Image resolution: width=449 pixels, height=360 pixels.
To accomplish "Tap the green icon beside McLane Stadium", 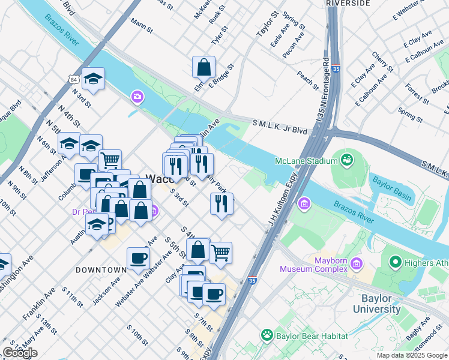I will (346, 160).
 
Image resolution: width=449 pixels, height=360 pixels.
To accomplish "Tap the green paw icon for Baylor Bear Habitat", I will (266, 334).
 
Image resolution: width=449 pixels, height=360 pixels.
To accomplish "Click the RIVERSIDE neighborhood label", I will (348, 3).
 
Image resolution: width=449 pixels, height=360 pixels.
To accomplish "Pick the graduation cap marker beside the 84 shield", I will (93, 78).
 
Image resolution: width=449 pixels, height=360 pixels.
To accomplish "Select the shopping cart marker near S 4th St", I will (220, 253).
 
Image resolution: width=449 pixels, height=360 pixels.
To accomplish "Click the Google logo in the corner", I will (20, 353).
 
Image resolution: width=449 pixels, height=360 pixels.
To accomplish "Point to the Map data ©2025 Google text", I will (412, 355).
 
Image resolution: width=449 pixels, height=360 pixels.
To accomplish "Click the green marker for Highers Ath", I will (395, 262).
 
